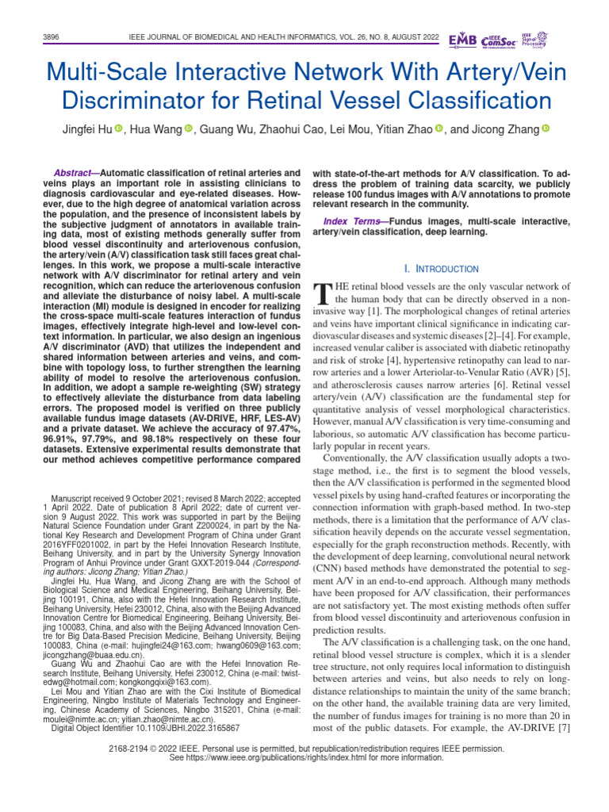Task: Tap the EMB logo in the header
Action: point(462,40)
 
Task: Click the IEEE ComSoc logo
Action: point(499,40)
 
